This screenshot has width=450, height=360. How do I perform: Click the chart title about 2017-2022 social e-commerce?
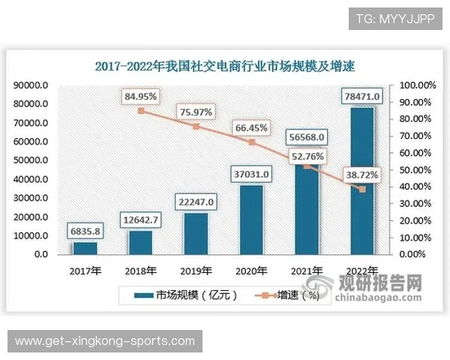pyautogui.click(x=225, y=65)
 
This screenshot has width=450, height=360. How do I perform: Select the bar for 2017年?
pyautogui.click(x=85, y=248)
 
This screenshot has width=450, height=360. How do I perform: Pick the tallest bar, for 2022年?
pyautogui.click(x=364, y=181)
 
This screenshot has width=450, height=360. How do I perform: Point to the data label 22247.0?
pyautogui.click(x=196, y=202)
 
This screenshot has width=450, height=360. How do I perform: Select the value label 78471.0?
pyautogui.click(x=363, y=96)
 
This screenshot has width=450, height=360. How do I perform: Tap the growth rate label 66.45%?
pyautogui.click(x=253, y=128)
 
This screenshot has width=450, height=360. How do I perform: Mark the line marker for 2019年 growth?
pyautogui.click(x=196, y=126)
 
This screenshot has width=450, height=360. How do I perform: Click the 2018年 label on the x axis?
pyautogui.click(x=140, y=271)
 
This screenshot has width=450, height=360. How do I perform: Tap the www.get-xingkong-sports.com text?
pyautogui.click(x=105, y=341)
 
